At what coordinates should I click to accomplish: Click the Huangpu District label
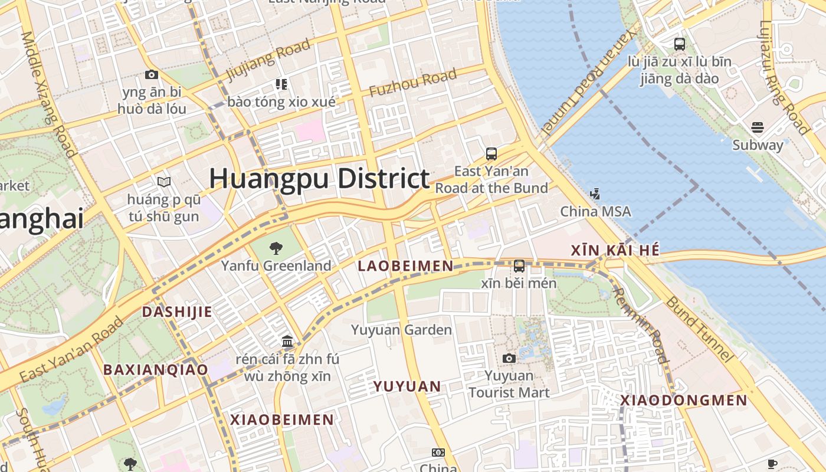pos(319,178)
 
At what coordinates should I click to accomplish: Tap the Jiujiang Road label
pos(268,60)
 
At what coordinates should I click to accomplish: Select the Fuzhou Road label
pos(412,83)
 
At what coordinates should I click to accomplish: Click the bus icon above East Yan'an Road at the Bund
pos(491,154)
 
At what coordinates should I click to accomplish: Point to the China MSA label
pos(595,211)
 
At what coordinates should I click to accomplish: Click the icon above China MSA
pos(595,193)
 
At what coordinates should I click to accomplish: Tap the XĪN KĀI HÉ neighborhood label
pos(615,250)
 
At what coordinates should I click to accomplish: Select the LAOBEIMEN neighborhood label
pos(405,266)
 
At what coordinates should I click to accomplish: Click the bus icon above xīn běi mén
pos(519,266)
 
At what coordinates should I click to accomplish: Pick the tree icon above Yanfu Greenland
pos(276,248)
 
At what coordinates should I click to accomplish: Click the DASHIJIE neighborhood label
pos(176,312)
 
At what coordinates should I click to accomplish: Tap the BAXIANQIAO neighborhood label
pos(156,370)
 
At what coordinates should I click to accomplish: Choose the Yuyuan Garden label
pos(401,330)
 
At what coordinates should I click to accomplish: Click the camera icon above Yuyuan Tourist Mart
pos(509,358)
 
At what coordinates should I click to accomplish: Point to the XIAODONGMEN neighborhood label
pos(684,401)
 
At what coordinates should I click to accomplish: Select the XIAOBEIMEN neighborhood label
pos(282,419)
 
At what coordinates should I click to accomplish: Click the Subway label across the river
pos(758,145)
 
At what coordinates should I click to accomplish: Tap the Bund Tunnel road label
pos(700,329)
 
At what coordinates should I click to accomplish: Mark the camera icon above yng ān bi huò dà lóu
pos(152,74)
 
